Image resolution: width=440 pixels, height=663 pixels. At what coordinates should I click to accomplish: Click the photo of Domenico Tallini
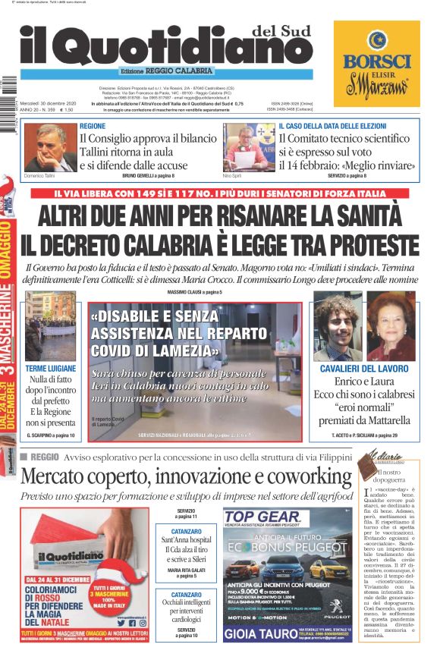tap(50, 147)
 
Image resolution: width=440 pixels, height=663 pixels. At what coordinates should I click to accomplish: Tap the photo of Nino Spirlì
tap(248, 146)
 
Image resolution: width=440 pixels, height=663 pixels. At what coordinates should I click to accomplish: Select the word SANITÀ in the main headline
tap(369, 217)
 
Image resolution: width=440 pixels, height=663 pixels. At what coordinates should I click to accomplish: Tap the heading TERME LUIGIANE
tap(51, 368)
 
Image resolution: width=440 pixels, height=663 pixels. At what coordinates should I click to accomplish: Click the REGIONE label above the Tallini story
tap(93, 125)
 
